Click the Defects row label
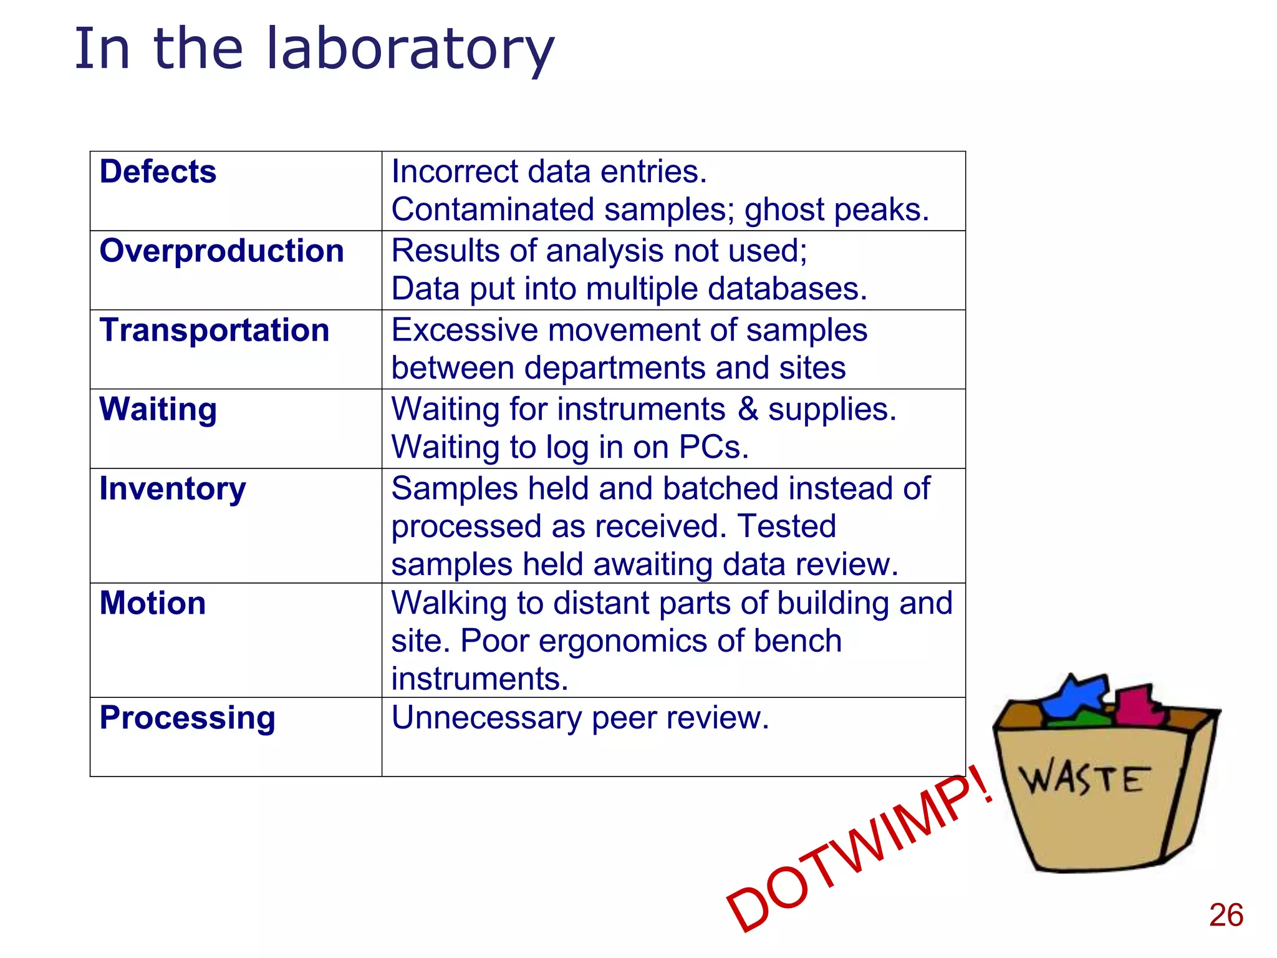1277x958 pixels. point(158,172)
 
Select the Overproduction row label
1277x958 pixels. point(221,251)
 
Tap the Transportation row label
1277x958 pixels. point(214,330)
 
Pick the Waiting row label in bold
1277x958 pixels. point(158,410)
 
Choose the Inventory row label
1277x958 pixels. point(172,488)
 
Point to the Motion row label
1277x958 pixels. point(152,603)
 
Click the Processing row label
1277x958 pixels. point(187,717)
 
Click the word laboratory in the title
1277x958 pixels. point(410,50)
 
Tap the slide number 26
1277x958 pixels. point(1225,916)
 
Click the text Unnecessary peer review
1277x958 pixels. point(580,717)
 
